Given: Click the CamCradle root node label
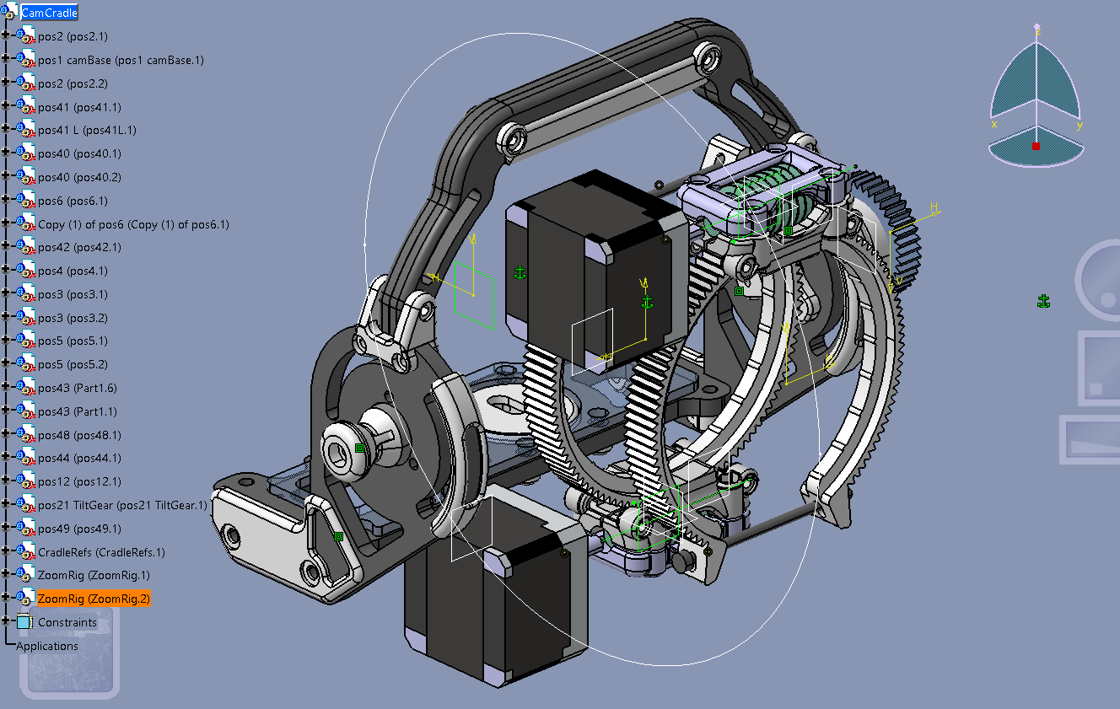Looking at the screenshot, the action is coord(49,13).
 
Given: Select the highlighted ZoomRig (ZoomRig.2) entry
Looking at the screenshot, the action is coord(94,599).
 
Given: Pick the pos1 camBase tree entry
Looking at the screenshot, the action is coord(121,60).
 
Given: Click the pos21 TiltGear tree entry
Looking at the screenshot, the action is coord(122,505).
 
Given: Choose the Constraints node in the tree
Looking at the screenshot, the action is coord(67,622).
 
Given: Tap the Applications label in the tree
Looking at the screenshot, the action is coord(47,646).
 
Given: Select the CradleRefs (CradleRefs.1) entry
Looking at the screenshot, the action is coord(101,552).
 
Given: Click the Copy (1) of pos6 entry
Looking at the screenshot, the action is coord(133,224).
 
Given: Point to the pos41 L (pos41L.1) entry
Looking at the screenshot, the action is coord(87,130).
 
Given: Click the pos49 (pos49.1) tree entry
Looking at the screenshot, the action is coord(79,529).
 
